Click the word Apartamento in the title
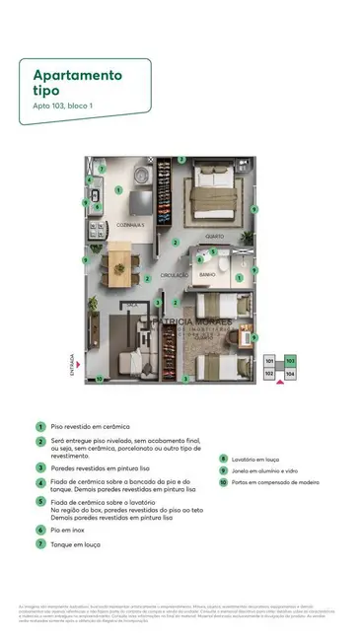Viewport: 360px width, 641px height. pyautogui.click(x=77, y=74)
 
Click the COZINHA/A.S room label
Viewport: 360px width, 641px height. pyautogui.click(x=130, y=225)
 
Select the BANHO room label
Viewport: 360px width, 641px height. pyautogui.click(x=206, y=273)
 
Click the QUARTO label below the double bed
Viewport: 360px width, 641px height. pyautogui.click(x=213, y=236)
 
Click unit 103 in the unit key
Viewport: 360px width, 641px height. pyautogui.click(x=289, y=362)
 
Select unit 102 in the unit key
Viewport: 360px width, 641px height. pyautogui.click(x=270, y=374)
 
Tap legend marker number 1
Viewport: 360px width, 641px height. pyautogui.click(x=40, y=426)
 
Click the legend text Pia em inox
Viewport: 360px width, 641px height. pyautogui.click(x=70, y=530)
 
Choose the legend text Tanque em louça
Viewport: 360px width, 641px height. pyautogui.click(x=79, y=543)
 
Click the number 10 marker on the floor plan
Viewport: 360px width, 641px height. pyautogui.click(x=99, y=379)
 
